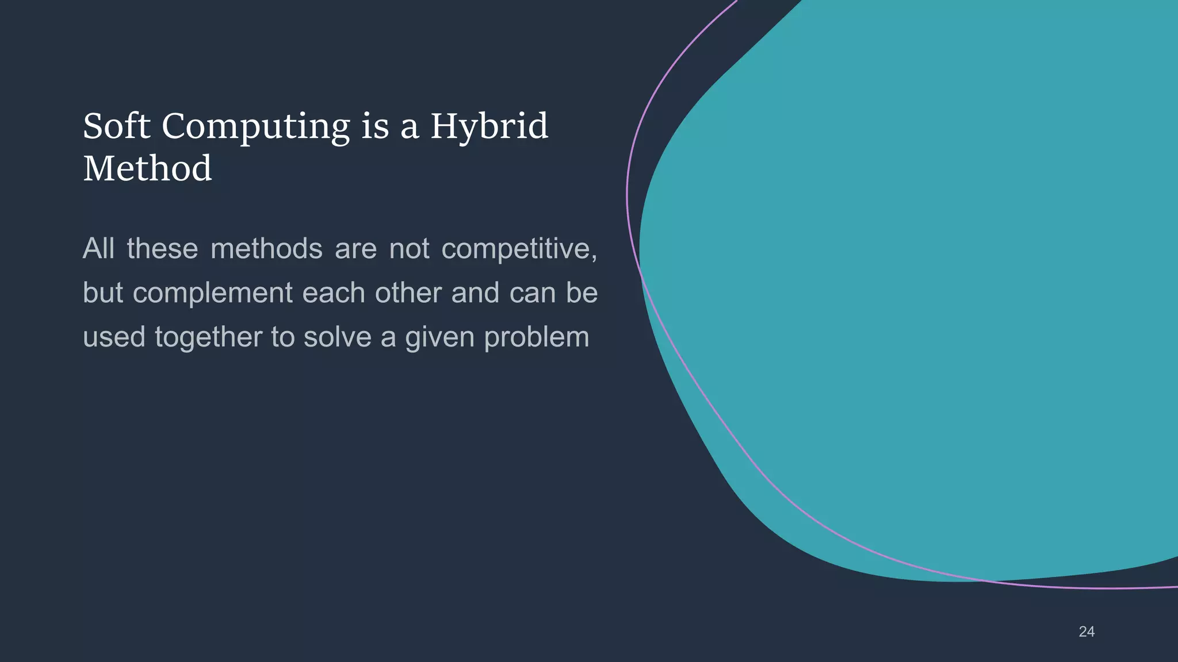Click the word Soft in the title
pyautogui.click(x=117, y=126)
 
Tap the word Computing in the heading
pyautogui.click(x=255, y=126)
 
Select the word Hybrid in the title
pyautogui.click(x=489, y=126)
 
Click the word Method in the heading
pyautogui.click(x=148, y=169)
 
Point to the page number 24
pyautogui.click(x=1087, y=632)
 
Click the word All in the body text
pyautogui.click(x=99, y=249)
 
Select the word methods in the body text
pyautogui.click(x=266, y=249)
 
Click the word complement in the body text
pyautogui.click(x=213, y=293)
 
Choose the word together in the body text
pyautogui.click(x=209, y=337)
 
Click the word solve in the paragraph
pyautogui.click(x=338, y=337)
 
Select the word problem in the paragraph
pyautogui.click(x=537, y=337)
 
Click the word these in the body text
pyautogui.click(x=162, y=249)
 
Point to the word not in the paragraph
pyautogui.click(x=409, y=249)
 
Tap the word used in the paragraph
pyautogui.click(x=114, y=337)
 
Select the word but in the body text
pyautogui.click(x=103, y=292)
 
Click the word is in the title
pyautogui.click(x=375, y=126)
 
